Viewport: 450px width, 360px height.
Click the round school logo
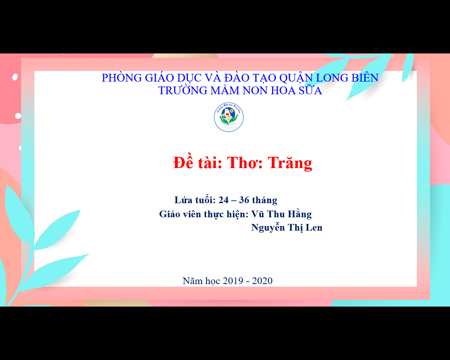pos(229,117)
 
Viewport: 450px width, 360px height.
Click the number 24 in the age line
pos(224,200)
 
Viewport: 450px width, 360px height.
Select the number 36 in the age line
pos(244,200)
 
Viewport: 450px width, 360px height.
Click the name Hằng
pos(300,214)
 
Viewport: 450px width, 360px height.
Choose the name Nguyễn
pos(268,227)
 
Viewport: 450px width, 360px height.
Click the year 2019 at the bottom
pos(233,281)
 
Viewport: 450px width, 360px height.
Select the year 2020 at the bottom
pos(262,281)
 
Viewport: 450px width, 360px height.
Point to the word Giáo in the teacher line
pos(169,214)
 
